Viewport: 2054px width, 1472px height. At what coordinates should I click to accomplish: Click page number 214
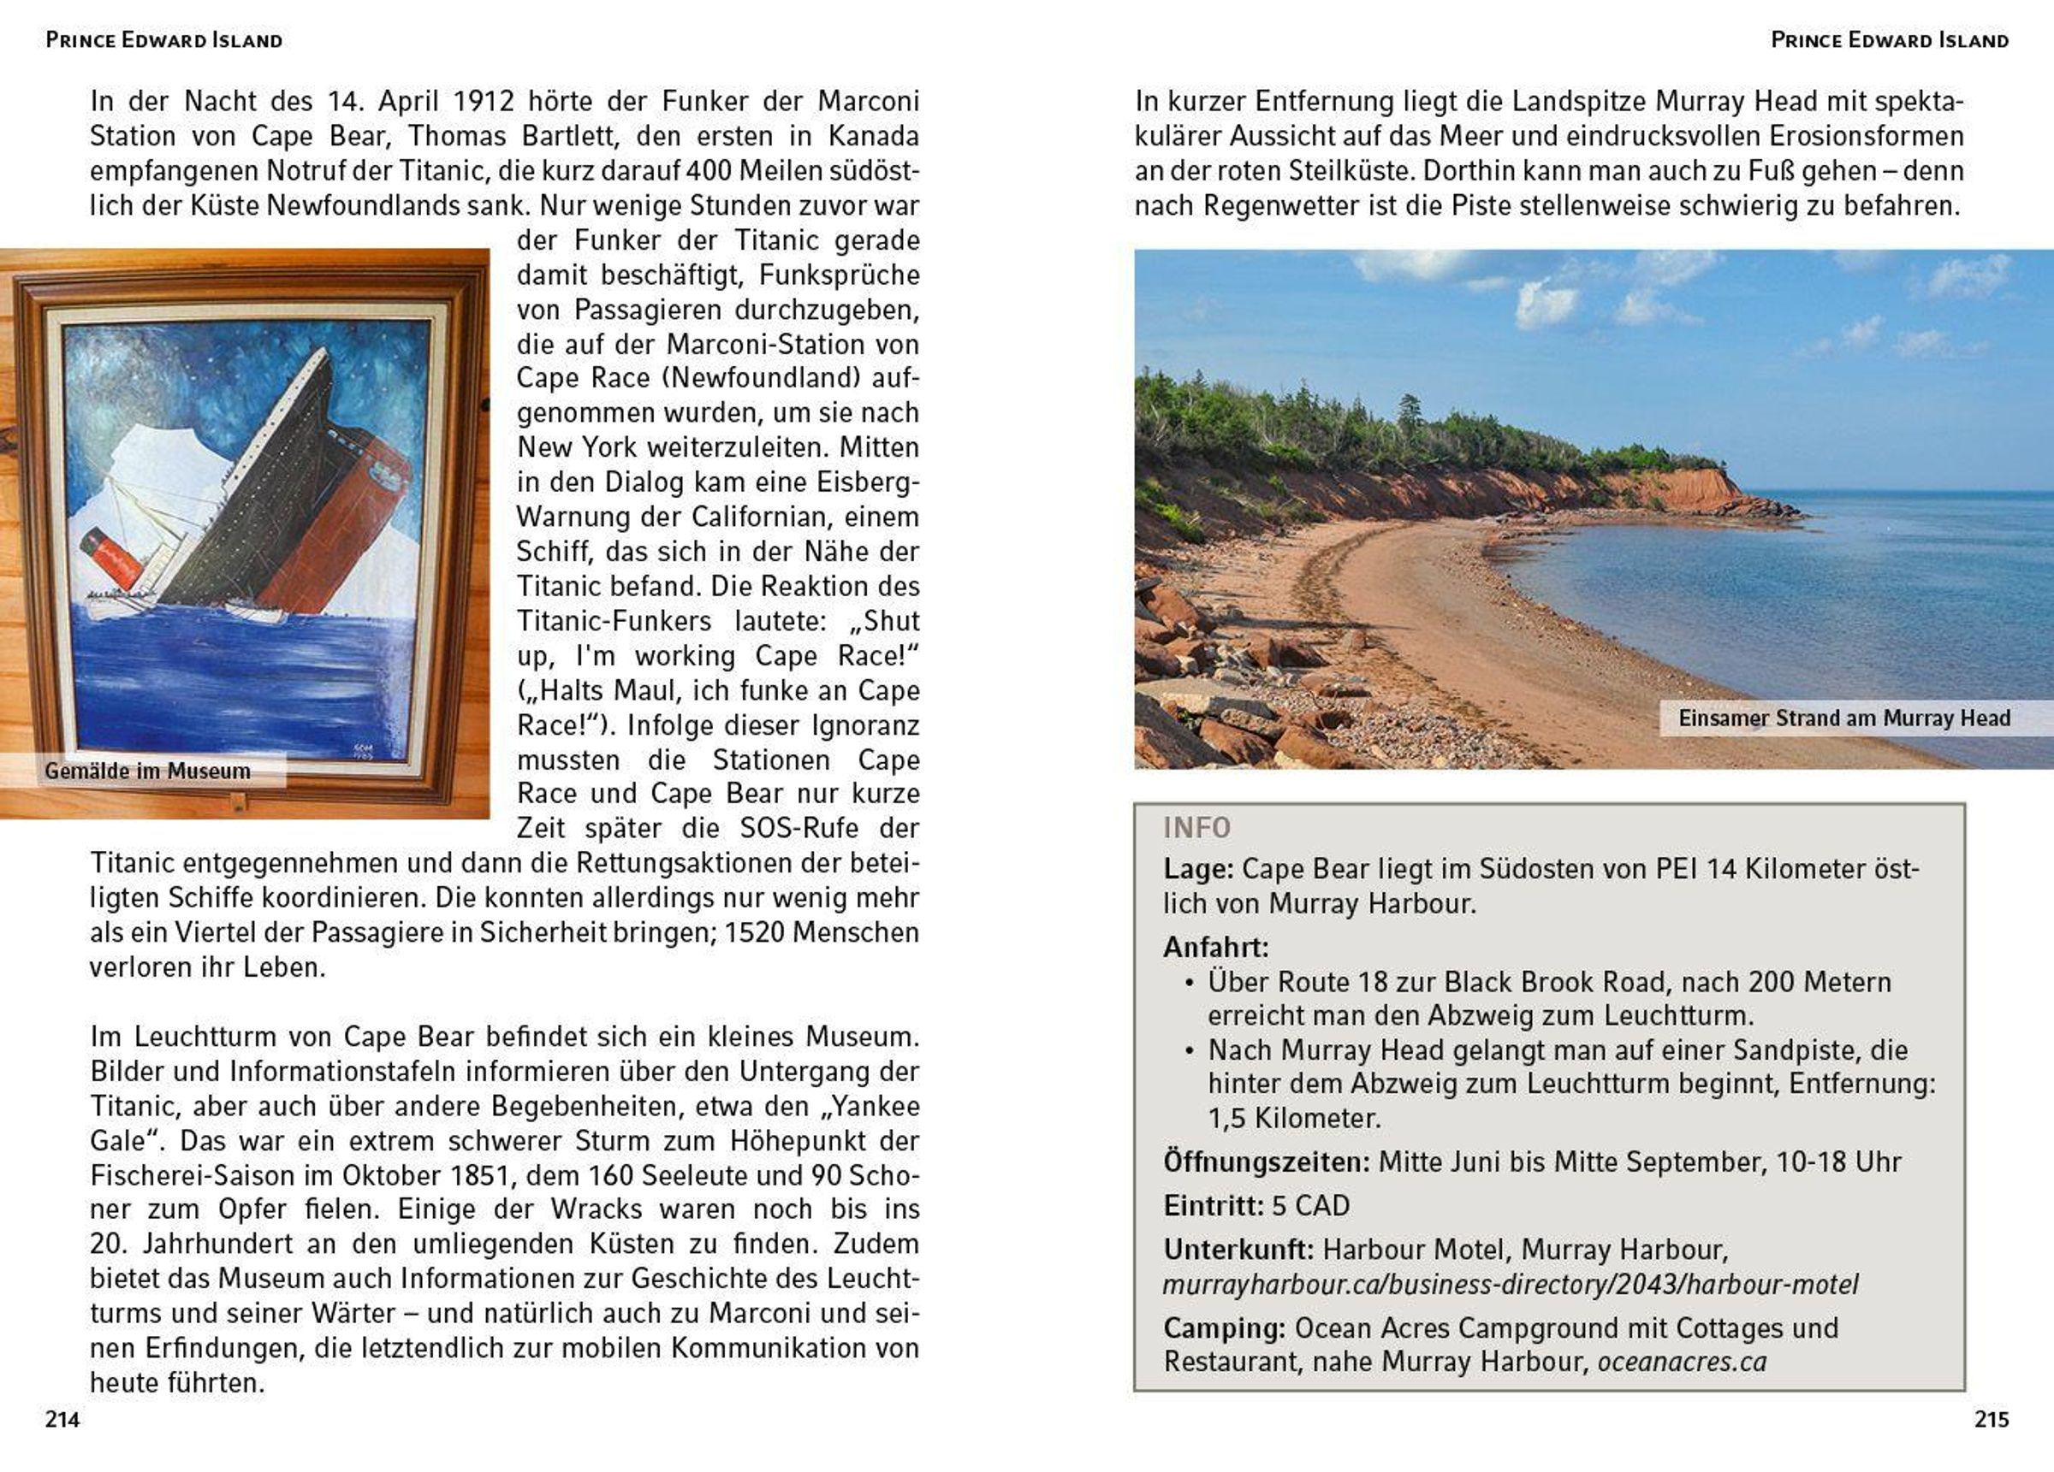tap(62, 1420)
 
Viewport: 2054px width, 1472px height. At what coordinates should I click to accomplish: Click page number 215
tap(1992, 1420)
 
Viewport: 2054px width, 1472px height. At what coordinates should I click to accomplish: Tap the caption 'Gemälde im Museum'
tap(147, 771)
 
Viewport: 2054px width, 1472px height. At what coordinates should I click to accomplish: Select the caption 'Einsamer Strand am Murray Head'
tap(1843, 718)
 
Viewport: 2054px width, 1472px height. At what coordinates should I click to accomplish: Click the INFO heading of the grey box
tap(1196, 827)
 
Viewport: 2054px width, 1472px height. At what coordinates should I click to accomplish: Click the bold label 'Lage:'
tap(1198, 869)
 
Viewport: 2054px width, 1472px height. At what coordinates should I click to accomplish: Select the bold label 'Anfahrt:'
tap(1216, 947)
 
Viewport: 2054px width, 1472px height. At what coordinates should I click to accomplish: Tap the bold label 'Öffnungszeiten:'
tap(1267, 1162)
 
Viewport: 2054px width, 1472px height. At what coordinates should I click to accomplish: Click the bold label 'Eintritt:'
tap(1214, 1206)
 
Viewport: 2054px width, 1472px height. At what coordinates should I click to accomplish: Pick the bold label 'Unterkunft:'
tap(1238, 1250)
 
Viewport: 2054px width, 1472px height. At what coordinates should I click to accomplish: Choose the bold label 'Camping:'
tap(1225, 1328)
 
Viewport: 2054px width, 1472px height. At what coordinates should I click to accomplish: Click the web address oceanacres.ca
tap(1682, 1362)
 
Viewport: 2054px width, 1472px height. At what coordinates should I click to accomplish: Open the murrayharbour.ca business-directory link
tap(1510, 1284)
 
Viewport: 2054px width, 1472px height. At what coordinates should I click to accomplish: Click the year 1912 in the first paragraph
tap(484, 102)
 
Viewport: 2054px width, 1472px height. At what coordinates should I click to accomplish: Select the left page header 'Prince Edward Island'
tap(164, 40)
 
